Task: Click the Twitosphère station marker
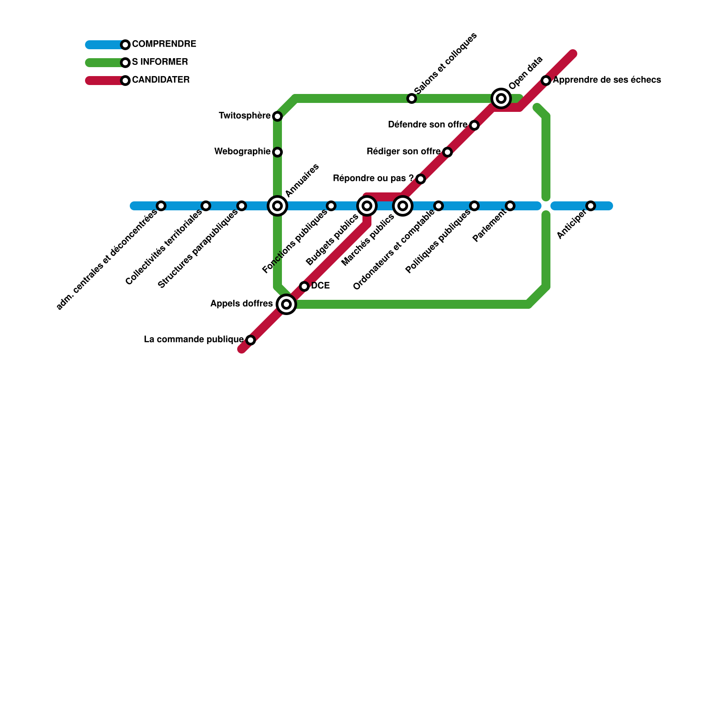tap(277, 116)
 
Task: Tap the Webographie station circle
tap(277, 152)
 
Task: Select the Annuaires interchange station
tap(277, 206)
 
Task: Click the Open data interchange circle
tap(501, 98)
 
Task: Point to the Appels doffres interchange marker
tap(286, 304)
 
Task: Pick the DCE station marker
tap(304, 286)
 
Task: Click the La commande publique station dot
tap(251, 340)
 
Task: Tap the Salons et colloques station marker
tap(412, 98)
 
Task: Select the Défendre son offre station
tap(474, 125)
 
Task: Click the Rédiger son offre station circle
tap(447, 152)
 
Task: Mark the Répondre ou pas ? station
tap(421, 179)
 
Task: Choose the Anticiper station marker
tap(591, 206)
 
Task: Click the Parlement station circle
tap(510, 206)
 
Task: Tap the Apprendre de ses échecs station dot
tap(546, 81)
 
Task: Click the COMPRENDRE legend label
tap(164, 44)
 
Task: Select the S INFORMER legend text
tap(160, 62)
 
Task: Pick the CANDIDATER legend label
tap(161, 80)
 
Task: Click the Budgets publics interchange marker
tap(367, 206)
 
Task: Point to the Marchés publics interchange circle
tap(403, 206)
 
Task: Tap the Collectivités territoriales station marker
tap(206, 206)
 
